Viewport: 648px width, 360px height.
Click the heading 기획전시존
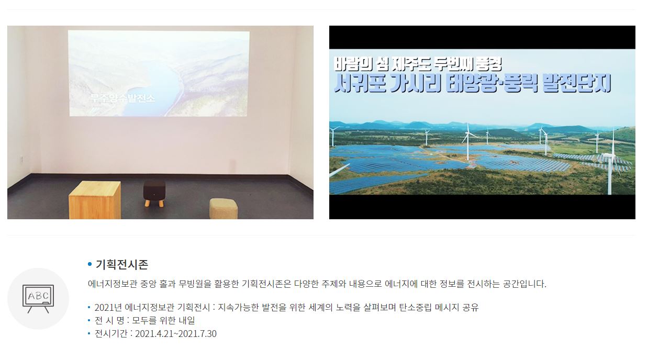click(x=122, y=264)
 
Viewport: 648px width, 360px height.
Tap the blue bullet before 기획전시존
click(x=90, y=264)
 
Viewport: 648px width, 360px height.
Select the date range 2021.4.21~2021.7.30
click(x=175, y=334)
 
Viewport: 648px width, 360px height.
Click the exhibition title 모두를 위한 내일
click(x=163, y=320)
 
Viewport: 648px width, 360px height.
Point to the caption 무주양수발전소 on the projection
click(x=122, y=98)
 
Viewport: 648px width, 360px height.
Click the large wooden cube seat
click(x=95, y=200)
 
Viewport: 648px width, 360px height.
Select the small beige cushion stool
click(x=224, y=208)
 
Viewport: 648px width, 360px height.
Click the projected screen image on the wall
click(x=159, y=73)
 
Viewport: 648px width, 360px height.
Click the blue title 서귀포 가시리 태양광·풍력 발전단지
click(x=473, y=83)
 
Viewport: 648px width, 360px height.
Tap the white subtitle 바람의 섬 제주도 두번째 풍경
click(x=418, y=64)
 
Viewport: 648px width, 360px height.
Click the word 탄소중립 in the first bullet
click(x=416, y=307)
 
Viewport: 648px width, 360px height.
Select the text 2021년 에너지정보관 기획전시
click(x=152, y=307)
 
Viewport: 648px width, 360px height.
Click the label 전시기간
click(x=111, y=334)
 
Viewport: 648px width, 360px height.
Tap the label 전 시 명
click(x=109, y=320)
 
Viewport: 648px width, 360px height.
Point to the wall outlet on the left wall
click(x=21, y=159)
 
